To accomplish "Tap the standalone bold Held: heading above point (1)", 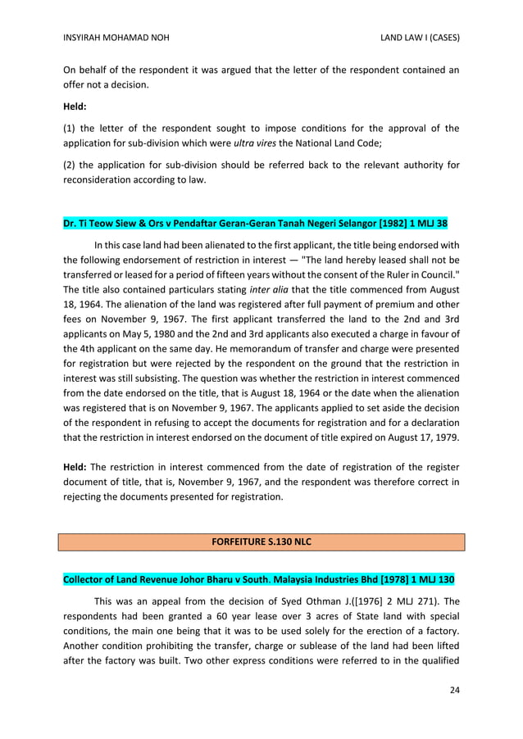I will pos(78,106).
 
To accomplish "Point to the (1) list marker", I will pos(70,128).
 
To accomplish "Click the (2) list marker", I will pos(70,165).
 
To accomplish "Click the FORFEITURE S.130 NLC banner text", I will pos(261,542).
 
